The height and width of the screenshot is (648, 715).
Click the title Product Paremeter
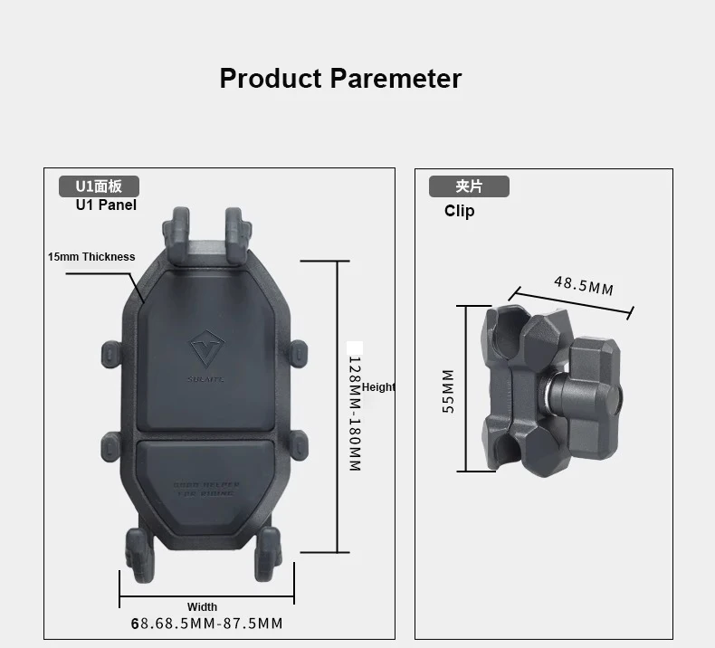coord(340,79)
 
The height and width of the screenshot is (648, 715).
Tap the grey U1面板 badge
coord(99,186)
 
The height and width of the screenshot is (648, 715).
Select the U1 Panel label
coord(106,205)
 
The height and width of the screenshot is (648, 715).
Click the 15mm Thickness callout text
coord(91,257)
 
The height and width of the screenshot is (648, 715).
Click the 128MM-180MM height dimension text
coord(355,413)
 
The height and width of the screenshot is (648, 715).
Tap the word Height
coord(378,387)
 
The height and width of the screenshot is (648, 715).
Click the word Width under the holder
coord(202,606)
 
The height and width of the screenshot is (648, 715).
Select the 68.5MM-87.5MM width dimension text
coord(206,624)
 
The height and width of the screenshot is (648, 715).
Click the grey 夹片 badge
coord(469,186)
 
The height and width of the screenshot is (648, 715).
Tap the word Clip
coord(459,211)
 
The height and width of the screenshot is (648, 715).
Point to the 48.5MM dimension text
coord(584,285)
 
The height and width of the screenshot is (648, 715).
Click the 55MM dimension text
coord(448,391)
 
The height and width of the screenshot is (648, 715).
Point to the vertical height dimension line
coord(337,406)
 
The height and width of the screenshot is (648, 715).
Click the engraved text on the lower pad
coord(206,490)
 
